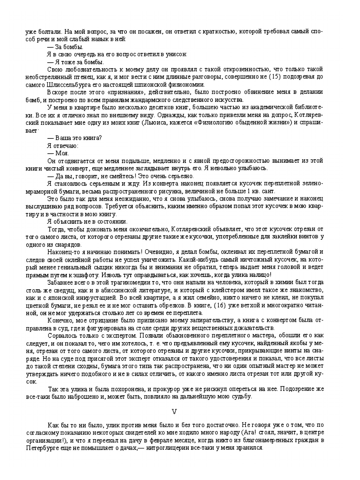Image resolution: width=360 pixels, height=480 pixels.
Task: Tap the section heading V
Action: click(x=174, y=411)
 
